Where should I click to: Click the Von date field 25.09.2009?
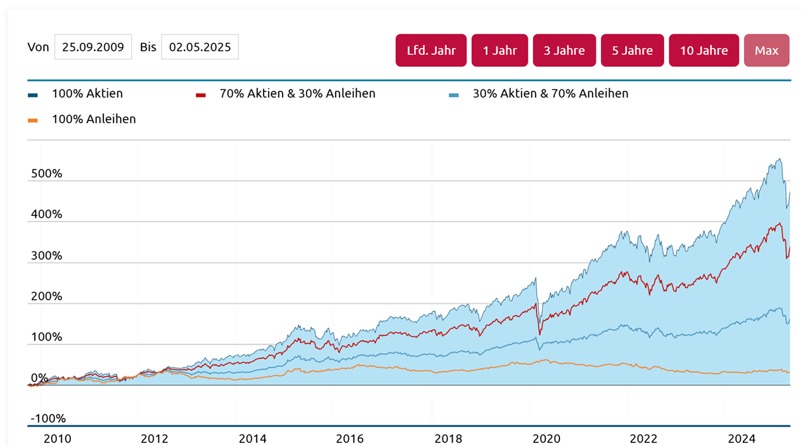point(93,47)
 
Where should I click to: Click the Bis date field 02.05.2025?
point(200,47)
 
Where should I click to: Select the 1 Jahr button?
point(500,50)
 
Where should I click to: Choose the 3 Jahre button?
point(564,50)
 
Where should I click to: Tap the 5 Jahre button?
point(632,50)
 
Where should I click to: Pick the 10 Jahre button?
point(704,50)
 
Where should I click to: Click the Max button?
point(767,50)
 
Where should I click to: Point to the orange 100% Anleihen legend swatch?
point(32,121)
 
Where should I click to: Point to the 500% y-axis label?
point(46,173)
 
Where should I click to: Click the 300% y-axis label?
point(46,256)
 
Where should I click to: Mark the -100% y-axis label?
point(48,418)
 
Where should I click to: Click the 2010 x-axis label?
point(57,438)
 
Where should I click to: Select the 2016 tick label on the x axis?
point(350,438)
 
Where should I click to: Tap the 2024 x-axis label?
point(742,438)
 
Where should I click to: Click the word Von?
point(38,47)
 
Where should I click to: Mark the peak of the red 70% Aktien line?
point(780,223)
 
